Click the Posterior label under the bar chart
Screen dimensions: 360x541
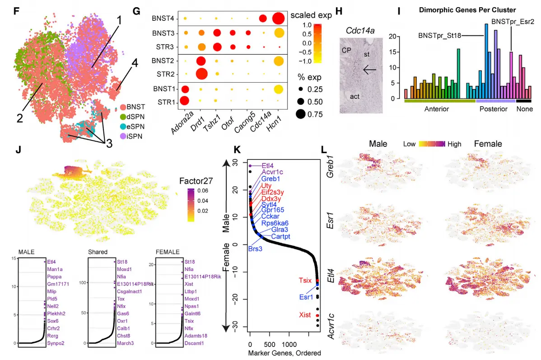pyautogui.click(x=490, y=109)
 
